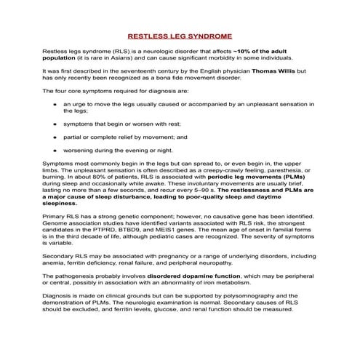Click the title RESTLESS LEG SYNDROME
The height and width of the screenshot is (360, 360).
[180, 35]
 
